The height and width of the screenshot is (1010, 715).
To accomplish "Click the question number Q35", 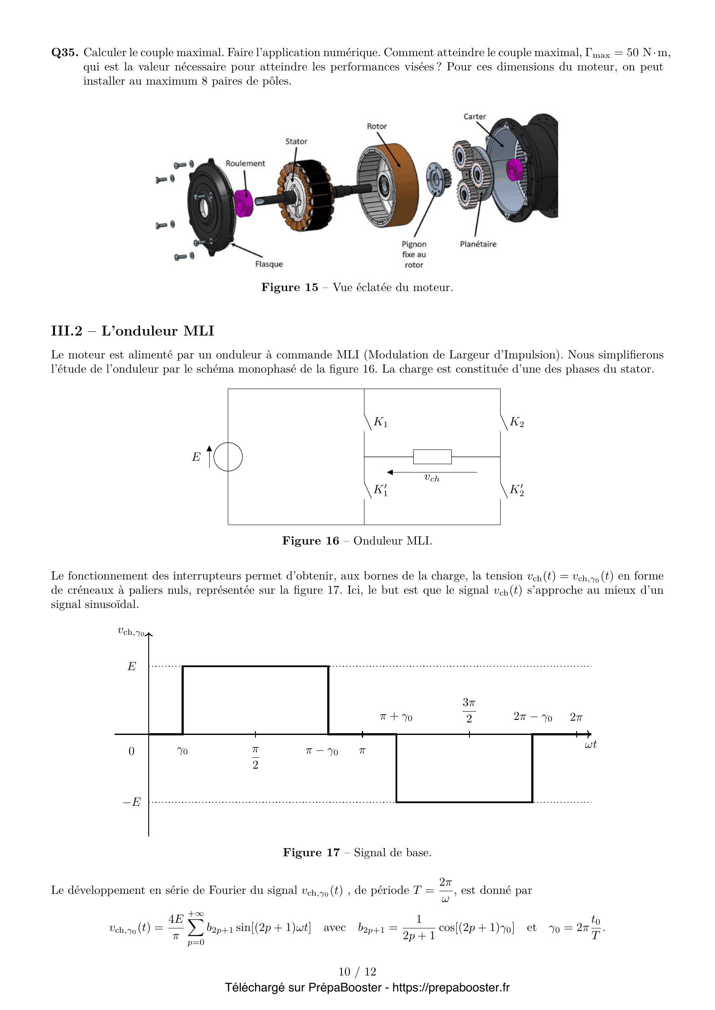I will [65, 53].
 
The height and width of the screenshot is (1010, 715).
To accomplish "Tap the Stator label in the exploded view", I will [296, 142].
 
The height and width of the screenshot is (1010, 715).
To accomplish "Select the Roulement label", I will [245, 164].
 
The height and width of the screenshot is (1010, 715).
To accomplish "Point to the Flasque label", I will [269, 264].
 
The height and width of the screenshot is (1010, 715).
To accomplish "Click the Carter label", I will [474, 117].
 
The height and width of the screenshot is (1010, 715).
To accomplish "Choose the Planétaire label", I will [478, 244].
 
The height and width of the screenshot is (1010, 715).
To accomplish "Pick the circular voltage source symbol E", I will [228, 456].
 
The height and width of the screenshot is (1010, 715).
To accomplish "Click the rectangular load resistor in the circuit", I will [432, 456].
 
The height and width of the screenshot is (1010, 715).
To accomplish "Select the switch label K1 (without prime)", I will [380, 422].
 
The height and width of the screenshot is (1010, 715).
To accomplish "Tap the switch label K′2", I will [517, 490].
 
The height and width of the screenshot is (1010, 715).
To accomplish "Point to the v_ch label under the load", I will [431, 478].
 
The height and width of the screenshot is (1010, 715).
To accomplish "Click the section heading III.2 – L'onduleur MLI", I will [133, 331].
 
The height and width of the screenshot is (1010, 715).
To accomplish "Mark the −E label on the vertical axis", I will [132, 802].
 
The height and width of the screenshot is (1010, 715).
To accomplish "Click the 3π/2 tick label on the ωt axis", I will [469, 710].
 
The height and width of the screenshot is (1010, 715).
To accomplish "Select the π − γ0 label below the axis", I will [322, 751].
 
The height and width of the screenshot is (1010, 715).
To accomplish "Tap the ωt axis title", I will [591, 744].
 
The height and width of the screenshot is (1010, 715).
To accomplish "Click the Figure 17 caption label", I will [311, 852].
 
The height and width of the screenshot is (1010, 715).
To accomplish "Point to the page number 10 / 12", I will [357, 972].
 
